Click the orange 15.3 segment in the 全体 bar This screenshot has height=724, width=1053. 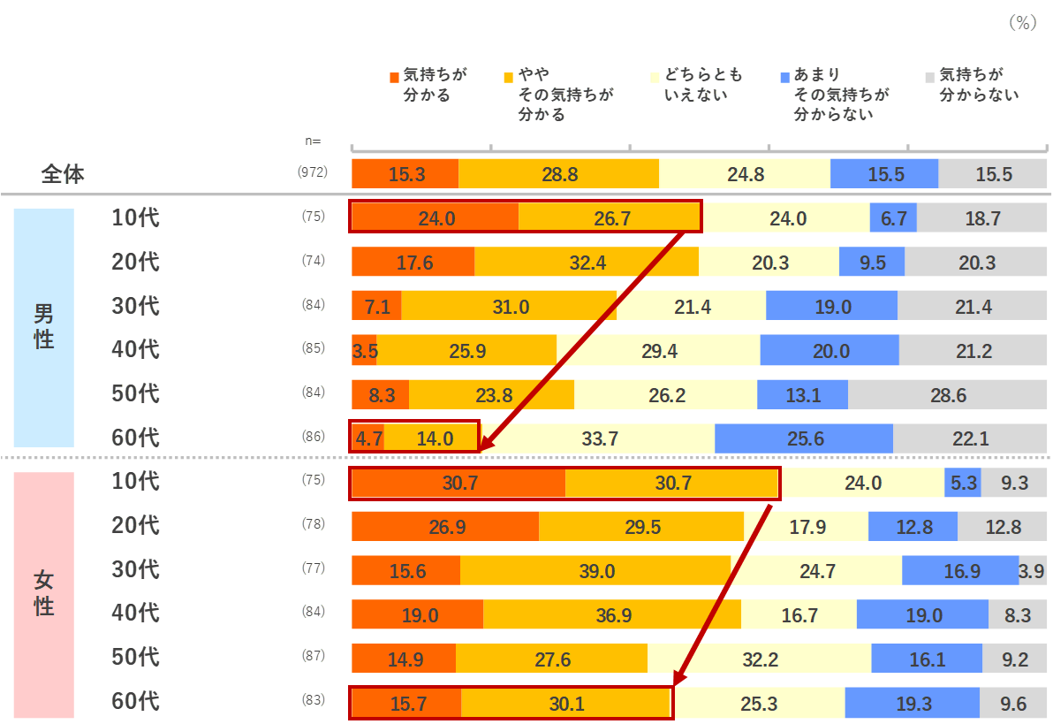click(405, 174)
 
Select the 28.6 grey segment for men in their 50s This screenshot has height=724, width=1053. click(948, 395)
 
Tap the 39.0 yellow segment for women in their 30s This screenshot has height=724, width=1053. click(596, 572)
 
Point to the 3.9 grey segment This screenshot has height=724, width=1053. click(1032, 572)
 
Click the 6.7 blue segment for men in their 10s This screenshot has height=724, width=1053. click(893, 218)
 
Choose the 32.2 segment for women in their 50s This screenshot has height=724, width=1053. click(759, 659)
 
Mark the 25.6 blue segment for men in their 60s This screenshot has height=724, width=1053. click(803, 438)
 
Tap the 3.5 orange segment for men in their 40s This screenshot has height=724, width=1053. click(365, 351)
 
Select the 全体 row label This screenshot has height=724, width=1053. click(63, 174)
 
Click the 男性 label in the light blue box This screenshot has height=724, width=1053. click(44, 326)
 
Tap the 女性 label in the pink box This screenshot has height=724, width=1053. click(44, 593)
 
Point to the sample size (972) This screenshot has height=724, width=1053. click(313, 173)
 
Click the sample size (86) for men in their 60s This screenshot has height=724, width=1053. click(313, 437)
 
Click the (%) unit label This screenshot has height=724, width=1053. click(1022, 24)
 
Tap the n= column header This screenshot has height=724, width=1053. click(313, 141)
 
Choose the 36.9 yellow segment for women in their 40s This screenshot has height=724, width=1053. click(613, 616)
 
